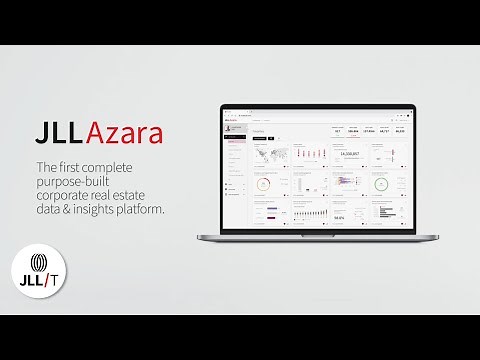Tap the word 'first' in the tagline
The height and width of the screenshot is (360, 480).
[79, 166]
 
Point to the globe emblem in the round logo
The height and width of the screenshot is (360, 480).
[38, 263]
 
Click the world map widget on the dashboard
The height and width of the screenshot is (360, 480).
[270, 155]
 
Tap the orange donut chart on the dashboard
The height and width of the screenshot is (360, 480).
[263, 183]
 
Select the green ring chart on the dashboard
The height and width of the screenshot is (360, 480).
[380, 183]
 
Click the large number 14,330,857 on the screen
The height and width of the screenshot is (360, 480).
[349, 154]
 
